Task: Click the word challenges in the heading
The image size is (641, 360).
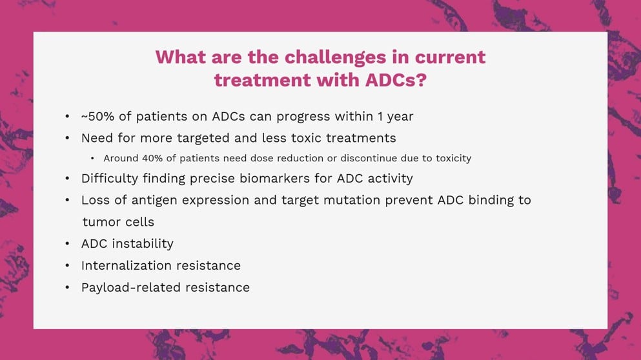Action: tap(335, 57)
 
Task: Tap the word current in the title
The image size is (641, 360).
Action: tap(450, 57)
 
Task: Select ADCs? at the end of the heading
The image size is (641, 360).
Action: tap(396, 80)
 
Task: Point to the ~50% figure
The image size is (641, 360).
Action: tap(97, 117)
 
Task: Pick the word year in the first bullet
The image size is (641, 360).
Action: tap(400, 117)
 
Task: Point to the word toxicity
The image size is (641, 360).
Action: tap(453, 159)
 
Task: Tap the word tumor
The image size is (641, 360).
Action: tap(99, 223)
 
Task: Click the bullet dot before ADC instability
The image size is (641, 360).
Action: tap(67, 244)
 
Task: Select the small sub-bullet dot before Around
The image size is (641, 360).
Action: tap(92, 158)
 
